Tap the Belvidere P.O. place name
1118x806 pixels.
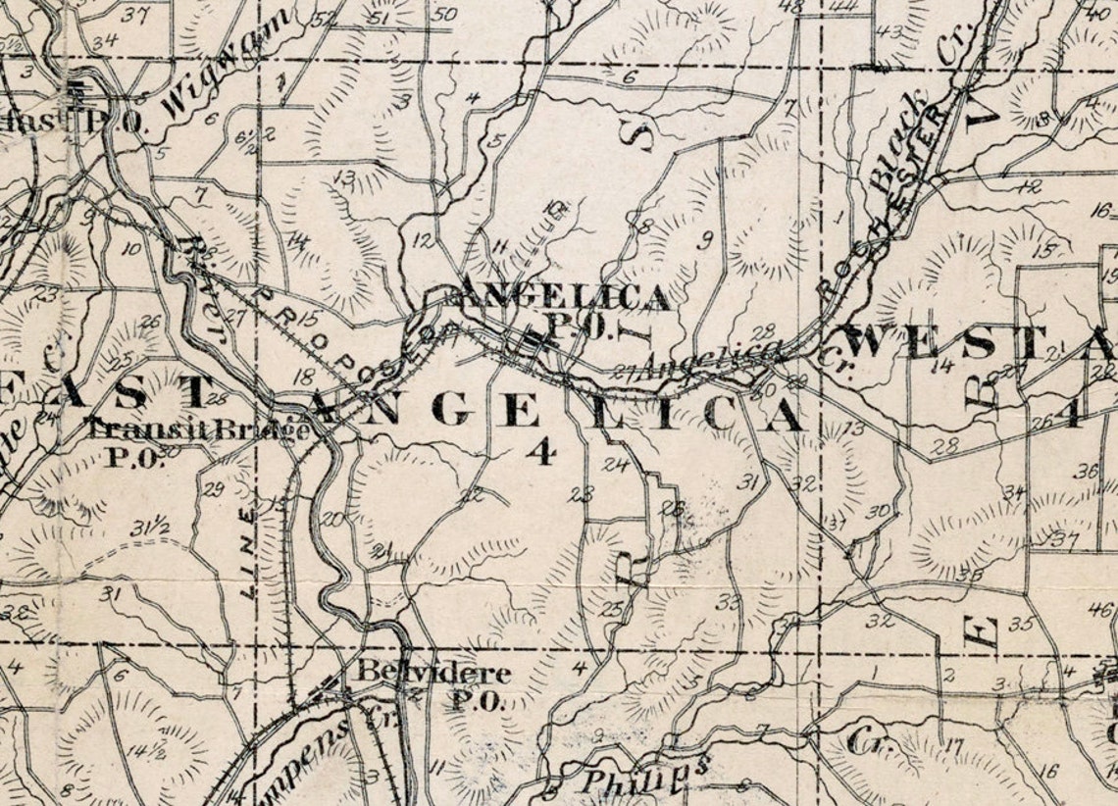[432, 685]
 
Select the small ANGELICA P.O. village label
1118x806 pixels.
[565, 310]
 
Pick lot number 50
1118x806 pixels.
[444, 14]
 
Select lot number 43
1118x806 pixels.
[889, 31]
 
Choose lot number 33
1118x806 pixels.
[727, 601]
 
